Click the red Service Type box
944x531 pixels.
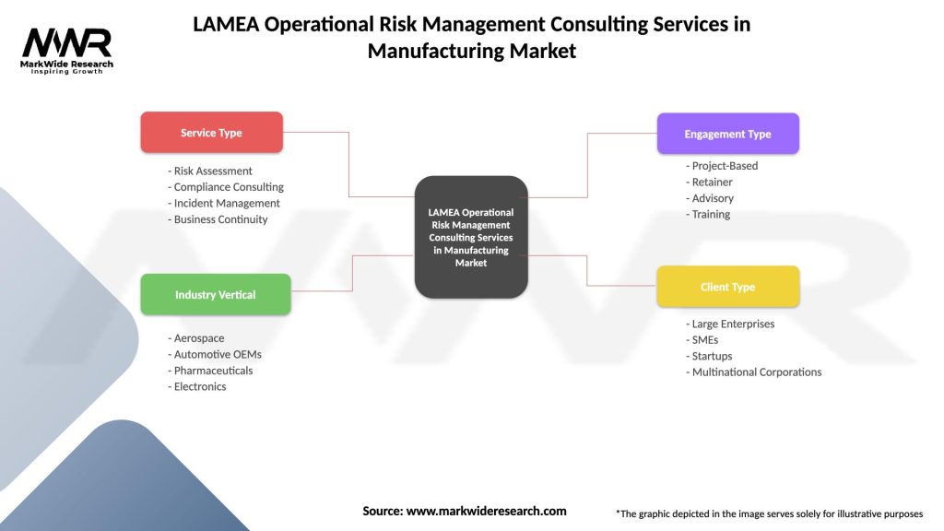pyautogui.click(x=211, y=133)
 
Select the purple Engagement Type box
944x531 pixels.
pyautogui.click(x=727, y=134)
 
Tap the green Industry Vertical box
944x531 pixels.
pyautogui.click(x=215, y=295)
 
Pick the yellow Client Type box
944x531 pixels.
pyautogui.click(x=727, y=287)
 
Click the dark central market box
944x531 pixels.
pyautogui.click(x=470, y=237)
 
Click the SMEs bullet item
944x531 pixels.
pyautogui.click(x=705, y=340)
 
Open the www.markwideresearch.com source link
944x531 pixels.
pyautogui.click(x=486, y=511)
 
